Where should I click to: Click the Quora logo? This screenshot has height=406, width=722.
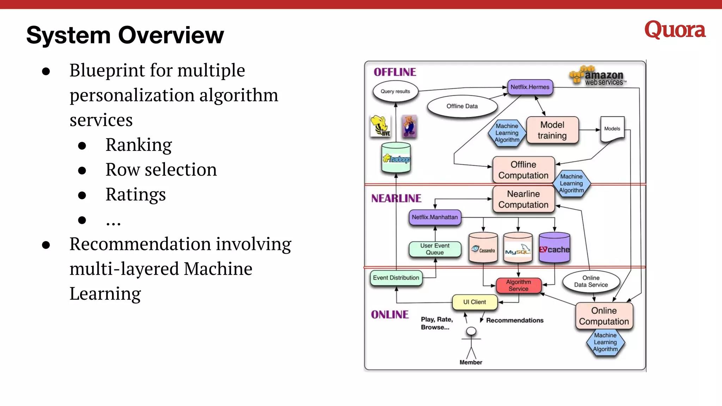675,30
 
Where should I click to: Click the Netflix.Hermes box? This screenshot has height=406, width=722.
530,87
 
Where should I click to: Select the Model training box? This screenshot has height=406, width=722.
552,130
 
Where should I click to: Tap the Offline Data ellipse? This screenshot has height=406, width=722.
462,106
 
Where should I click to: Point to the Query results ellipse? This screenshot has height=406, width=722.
395,91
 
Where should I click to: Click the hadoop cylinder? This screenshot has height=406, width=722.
396,159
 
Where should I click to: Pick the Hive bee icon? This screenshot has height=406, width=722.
380,126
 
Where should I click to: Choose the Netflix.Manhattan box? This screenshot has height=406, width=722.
435,217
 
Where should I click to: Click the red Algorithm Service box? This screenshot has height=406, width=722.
518,285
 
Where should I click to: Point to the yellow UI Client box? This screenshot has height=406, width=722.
475,302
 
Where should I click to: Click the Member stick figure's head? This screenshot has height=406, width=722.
471,331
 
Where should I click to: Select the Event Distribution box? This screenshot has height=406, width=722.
396,278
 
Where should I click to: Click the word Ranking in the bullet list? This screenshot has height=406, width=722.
139,145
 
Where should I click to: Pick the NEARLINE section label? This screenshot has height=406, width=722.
396,198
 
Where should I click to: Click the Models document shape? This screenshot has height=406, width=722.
612,129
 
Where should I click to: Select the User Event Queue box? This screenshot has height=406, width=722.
435,249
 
